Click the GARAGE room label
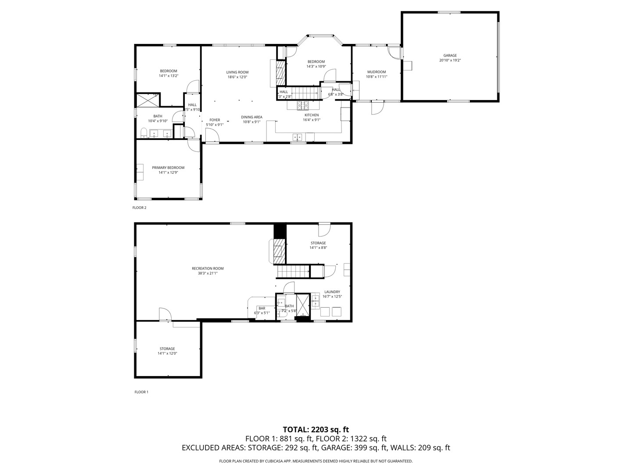pos(450,55)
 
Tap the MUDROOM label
pos(377,72)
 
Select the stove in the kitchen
pos(303,105)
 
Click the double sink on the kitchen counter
pos(298,137)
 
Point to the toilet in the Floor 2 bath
pos(144,133)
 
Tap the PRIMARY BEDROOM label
pos(168,168)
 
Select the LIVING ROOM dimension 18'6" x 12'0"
pos(237,77)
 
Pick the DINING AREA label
pos(251,117)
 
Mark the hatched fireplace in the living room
pos(280,72)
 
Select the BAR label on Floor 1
pos(262,309)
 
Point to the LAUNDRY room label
pos(332,292)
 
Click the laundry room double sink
pos(316,301)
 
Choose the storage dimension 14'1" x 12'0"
pos(167,353)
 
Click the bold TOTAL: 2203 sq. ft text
pos(316,429)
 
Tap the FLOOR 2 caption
pos(140,208)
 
